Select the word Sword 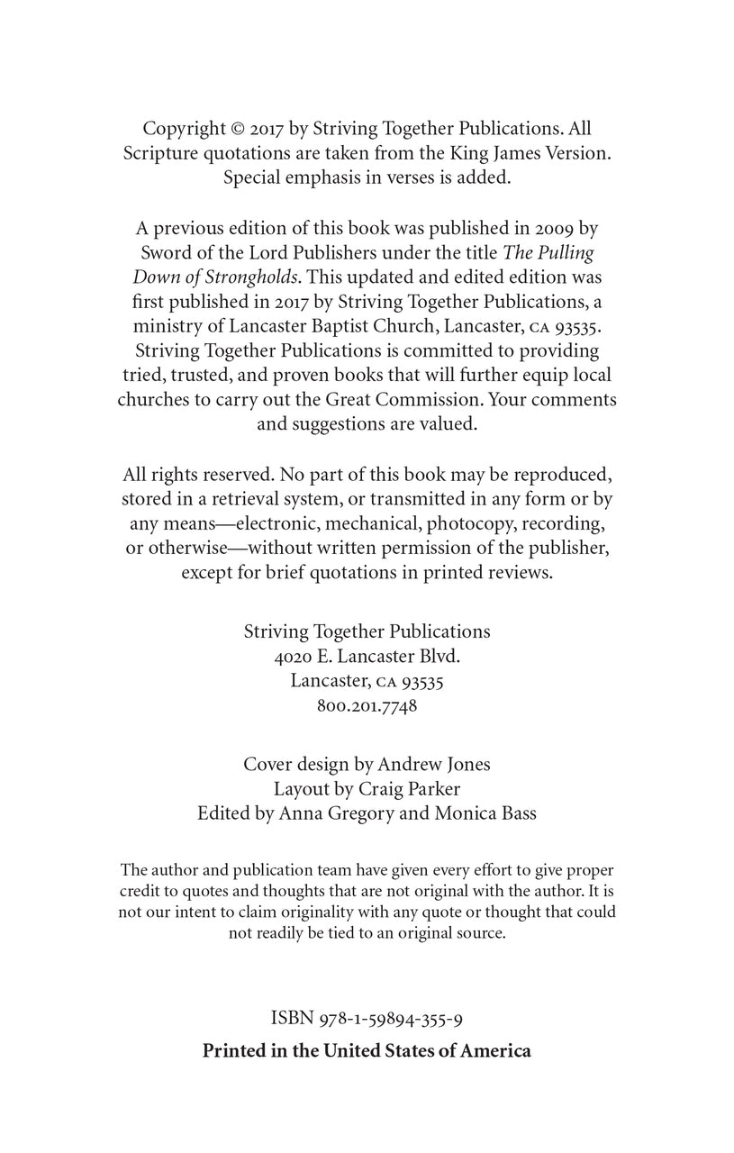tap(165, 253)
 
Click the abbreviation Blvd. tap(437, 657)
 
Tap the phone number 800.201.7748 tap(367, 706)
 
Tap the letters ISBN tap(291, 1019)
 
